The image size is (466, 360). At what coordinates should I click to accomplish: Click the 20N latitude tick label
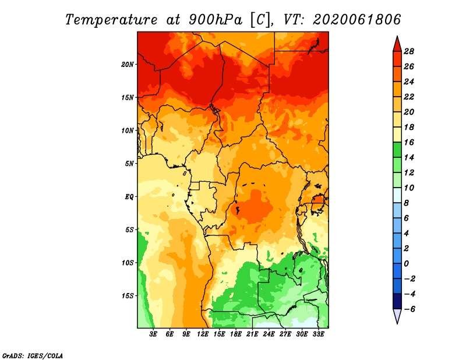[x=127, y=65]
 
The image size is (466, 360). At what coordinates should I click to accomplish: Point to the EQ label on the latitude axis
[x=129, y=197]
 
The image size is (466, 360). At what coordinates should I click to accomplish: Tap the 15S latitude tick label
[x=128, y=296]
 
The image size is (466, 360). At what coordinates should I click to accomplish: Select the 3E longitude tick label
[x=153, y=334]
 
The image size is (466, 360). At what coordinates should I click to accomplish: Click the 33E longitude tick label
[x=318, y=334]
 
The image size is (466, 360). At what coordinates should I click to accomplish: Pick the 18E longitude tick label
[x=236, y=334]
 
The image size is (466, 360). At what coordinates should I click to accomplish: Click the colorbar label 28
[x=409, y=51]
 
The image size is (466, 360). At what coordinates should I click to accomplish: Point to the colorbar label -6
[x=409, y=309]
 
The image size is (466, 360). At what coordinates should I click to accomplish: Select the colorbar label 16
[x=409, y=142]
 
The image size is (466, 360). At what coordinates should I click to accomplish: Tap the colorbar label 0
[x=406, y=264]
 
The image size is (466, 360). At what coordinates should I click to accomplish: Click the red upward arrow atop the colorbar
[x=397, y=44]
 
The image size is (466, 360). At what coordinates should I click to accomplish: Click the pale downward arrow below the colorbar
[x=397, y=316]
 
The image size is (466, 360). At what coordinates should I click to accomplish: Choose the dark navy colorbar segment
[x=397, y=301]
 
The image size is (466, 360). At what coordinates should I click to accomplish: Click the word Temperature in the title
[x=111, y=20]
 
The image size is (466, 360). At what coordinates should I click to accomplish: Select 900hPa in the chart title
[x=215, y=20]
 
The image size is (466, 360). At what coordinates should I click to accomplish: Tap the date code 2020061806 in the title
[x=357, y=20]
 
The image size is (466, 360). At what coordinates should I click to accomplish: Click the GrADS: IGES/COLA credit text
[x=33, y=355]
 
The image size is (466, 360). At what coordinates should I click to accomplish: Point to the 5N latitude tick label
[x=129, y=164]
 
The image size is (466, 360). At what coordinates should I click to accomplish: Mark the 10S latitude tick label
[x=128, y=263]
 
